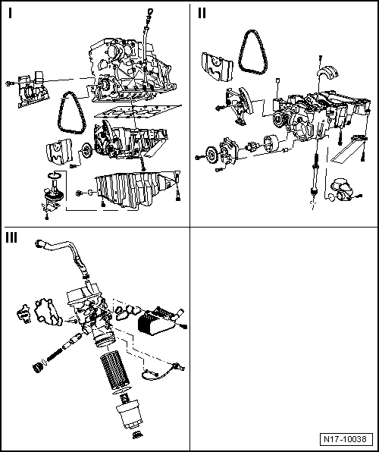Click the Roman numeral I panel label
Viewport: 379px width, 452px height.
(x=11, y=13)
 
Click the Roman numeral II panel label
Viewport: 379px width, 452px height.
(x=202, y=13)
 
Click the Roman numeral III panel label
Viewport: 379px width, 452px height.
(x=11, y=238)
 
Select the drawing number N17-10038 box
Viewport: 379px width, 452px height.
(x=346, y=439)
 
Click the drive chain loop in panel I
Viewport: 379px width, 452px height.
(x=61, y=115)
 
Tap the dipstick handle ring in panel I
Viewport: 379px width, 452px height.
(x=150, y=12)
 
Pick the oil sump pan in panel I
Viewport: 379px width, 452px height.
(x=136, y=190)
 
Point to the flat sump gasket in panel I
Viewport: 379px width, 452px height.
(x=138, y=111)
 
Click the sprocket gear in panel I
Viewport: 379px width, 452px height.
(x=86, y=149)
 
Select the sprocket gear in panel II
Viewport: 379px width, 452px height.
(x=211, y=154)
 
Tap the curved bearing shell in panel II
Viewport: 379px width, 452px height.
(x=327, y=72)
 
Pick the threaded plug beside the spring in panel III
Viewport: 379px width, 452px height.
(x=37, y=368)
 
